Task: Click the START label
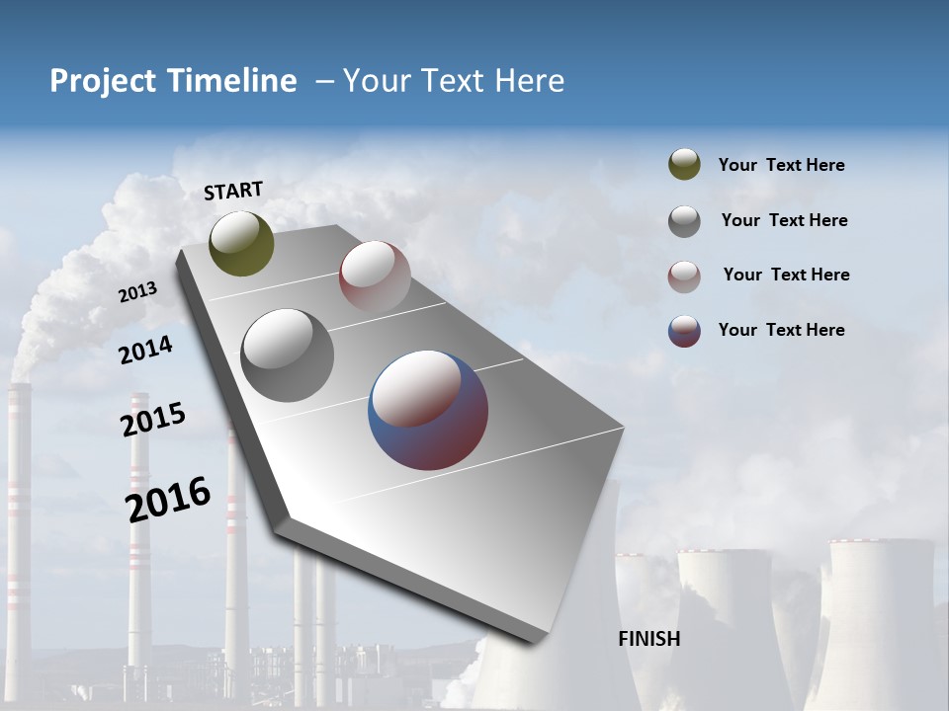point(233,191)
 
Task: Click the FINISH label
point(648,639)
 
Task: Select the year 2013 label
point(138,292)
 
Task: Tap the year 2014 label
point(145,350)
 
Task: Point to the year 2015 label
point(153,420)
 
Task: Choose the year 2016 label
point(168,500)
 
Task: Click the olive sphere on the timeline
point(241,243)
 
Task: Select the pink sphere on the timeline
point(375,276)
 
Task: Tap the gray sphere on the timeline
point(287,355)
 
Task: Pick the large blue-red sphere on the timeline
point(428,410)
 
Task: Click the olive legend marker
point(684,165)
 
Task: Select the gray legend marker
point(684,220)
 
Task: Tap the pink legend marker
point(684,276)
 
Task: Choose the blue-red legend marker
point(684,331)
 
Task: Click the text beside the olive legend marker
point(781,166)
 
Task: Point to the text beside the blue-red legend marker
point(781,330)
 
